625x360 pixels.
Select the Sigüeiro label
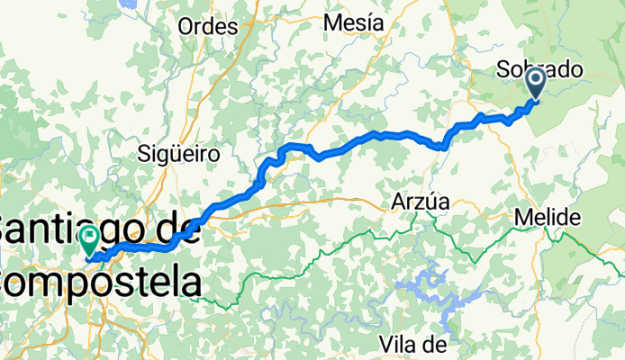point(178,154)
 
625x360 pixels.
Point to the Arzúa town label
point(420,202)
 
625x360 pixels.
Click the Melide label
point(548,218)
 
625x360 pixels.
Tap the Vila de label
point(414,343)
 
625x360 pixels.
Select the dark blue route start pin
point(535,84)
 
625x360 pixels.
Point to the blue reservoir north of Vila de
point(423,288)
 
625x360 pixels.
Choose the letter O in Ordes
point(186,27)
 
